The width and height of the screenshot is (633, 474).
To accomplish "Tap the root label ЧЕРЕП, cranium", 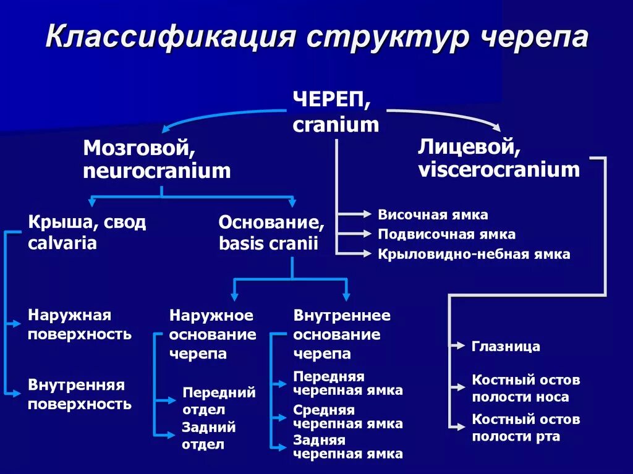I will pos(335,112).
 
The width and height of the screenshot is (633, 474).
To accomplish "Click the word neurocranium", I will pos(156,171).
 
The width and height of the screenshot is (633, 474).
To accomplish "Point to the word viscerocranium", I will pos(499,169).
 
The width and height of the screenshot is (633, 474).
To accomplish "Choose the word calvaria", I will pos(62,243).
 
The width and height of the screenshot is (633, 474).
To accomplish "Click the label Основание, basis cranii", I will pos(271,232).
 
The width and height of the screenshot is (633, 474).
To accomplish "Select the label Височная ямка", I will pos(433,215).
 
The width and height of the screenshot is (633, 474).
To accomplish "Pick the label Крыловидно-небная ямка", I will pos(474,254).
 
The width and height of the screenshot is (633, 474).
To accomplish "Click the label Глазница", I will pos(506,346).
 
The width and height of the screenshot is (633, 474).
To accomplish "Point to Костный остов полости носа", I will pos(525,388).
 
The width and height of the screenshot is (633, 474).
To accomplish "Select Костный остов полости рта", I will pos(525,428).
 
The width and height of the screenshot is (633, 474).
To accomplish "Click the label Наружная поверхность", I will pos(79,325).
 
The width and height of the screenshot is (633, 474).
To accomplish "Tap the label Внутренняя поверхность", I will pos(79,394).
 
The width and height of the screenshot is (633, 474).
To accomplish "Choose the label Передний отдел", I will pos(219,400).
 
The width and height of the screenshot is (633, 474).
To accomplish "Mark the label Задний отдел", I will pos(208,436).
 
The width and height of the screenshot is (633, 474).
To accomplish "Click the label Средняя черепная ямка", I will pos(347,417).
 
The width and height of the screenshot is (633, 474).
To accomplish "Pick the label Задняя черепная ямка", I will pos(347,447).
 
